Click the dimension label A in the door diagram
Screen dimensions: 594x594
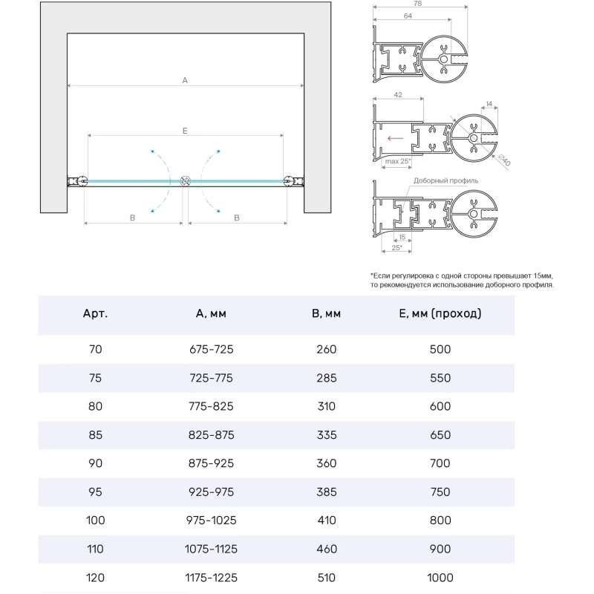click(x=185, y=80)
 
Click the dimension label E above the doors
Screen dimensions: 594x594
click(x=185, y=130)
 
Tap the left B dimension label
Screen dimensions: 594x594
click(x=132, y=218)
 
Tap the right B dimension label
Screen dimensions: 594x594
click(x=237, y=218)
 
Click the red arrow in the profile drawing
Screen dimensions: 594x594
click(x=394, y=138)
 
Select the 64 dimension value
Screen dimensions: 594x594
click(x=408, y=16)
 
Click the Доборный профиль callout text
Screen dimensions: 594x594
click(x=446, y=180)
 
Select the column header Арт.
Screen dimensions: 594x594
click(x=95, y=313)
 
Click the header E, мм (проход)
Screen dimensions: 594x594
click(x=440, y=313)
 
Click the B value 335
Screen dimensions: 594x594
click(x=326, y=435)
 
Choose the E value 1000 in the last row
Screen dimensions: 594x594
click(x=440, y=578)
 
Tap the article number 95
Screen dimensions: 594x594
click(x=95, y=492)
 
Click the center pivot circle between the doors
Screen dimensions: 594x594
click(x=186, y=181)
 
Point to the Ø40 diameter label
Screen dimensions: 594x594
click(x=502, y=159)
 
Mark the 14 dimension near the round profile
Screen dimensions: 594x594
click(x=489, y=105)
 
